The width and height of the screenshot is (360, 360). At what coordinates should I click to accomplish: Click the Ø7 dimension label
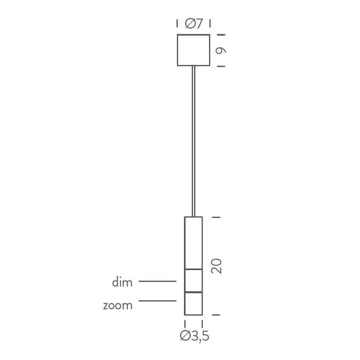coord(193,23)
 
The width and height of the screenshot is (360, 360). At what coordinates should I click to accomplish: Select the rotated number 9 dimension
coord(220,50)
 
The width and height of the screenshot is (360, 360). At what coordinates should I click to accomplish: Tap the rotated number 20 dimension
coord(216,266)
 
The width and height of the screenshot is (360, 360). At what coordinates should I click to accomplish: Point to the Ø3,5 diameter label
coord(194,336)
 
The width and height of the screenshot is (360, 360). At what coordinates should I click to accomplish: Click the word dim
coord(122,283)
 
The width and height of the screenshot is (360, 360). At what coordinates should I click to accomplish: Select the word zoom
coord(118,306)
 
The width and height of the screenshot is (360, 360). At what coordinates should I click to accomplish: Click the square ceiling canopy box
coord(193,50)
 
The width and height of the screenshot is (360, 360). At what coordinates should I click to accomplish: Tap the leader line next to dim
coord(157,281)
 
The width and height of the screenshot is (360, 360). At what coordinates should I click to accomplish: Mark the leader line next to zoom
coord(157,301)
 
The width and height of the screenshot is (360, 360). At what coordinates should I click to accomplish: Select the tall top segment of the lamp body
coord(193,243)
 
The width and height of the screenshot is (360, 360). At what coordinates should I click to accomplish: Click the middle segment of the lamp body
coord(193,280)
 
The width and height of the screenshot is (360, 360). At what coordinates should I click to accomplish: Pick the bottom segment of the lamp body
coord(193,303)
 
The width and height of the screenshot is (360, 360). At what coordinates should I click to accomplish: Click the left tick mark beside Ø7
coord(177,23)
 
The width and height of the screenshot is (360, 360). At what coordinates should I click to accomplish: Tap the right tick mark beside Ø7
coord(210,23)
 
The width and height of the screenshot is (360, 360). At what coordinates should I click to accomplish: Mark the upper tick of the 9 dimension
coord(220,35)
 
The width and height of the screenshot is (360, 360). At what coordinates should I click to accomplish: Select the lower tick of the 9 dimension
coord(220,66)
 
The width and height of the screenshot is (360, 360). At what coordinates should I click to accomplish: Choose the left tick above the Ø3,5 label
coord(185,324)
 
